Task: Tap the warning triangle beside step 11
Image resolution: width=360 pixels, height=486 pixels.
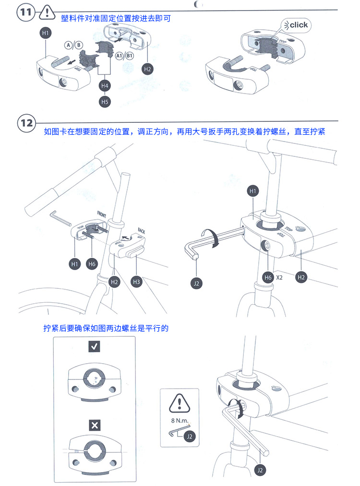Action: tap(46, 13)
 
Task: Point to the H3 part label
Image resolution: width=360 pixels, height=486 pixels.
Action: tap(136, 282)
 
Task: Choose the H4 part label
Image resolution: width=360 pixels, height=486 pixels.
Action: tap(105, 85)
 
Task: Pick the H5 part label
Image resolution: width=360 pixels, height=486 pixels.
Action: tap(105, 101)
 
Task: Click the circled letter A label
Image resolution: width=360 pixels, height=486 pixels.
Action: tap(69, 45)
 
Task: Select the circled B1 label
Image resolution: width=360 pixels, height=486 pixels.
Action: tap(129, 56)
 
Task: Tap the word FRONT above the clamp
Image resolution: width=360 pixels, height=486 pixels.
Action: tap(102, 213)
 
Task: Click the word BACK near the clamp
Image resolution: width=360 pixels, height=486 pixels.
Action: tap(142, 230)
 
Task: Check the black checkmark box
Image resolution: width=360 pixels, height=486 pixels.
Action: tap(94, 348)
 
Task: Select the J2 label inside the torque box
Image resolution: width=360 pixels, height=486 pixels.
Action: tap(190, 436)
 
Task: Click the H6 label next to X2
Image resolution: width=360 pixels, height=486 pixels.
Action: tap(268, 277)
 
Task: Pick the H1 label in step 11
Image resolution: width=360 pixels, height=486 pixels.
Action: tap(45, 33)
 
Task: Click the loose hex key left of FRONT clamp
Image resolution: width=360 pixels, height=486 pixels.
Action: tap(60, 218)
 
